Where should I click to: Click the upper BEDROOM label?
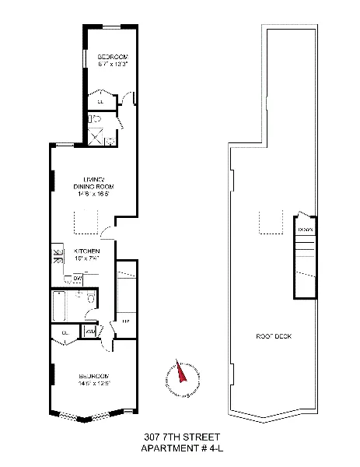(112, 58)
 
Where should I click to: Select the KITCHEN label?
(86, 251)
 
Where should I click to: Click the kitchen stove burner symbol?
(57, 255)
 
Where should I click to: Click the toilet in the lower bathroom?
(92, 301)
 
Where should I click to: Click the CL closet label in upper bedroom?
(101, 100)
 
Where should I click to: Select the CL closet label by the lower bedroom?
(65, 332)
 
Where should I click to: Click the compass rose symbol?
(180, 377)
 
